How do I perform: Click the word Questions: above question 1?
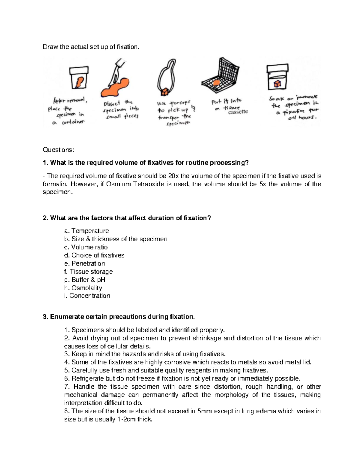point(58,150)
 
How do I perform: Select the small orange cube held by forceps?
point(165,91)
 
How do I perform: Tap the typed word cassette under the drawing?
point(238,112)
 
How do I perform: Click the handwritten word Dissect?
point(112,103)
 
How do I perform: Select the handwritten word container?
point(73,122)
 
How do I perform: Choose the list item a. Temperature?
point(86,231)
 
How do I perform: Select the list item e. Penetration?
point(85,264)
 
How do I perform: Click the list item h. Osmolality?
point(83,288)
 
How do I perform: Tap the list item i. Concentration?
point(87,296)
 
